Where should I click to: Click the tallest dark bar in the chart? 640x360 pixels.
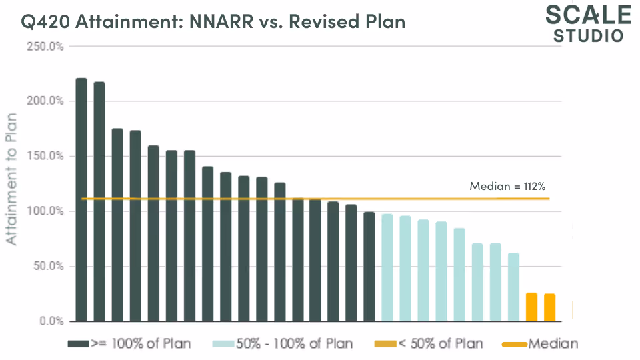[x=81, y=200]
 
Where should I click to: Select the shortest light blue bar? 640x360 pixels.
[x=513, y=287]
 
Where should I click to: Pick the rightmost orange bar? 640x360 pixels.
[x=550, y=307]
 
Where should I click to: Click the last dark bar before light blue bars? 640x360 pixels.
[x=369, y=267]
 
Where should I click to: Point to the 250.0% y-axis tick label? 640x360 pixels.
[x=45, y=47]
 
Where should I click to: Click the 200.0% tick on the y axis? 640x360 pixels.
[x=45, y=101]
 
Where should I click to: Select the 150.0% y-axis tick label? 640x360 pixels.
[x=45, y=156]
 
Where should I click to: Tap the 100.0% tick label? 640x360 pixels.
[x=45, y=211]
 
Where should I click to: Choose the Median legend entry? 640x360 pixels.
[x=553, y=344]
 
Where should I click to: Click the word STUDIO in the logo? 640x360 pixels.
[x=589, y=35]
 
